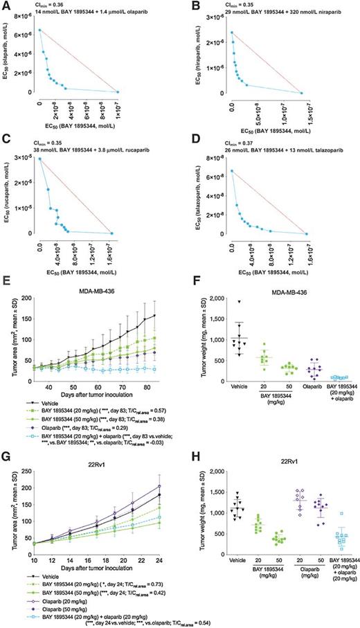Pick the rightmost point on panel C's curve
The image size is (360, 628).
[x=112, y=233]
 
